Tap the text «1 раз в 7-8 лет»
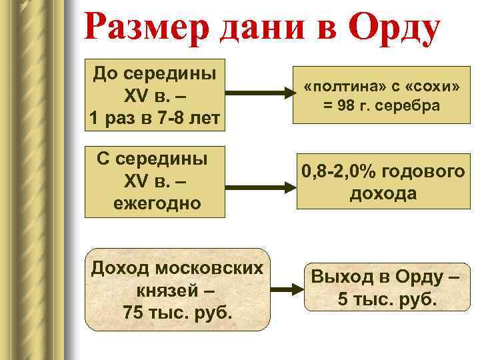pos(154,119)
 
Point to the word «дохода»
pos(382,194)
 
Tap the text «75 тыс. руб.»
pos(177,311)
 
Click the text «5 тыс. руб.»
pos(387,299)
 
